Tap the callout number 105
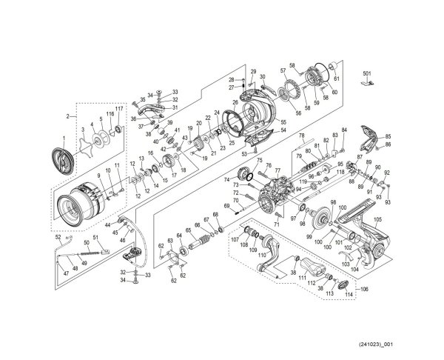[377, 220]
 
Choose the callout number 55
[283, 121]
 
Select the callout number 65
[189, 230]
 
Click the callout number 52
[58, 238]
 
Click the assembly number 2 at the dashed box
[67, 116]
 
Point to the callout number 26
[235, 102]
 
